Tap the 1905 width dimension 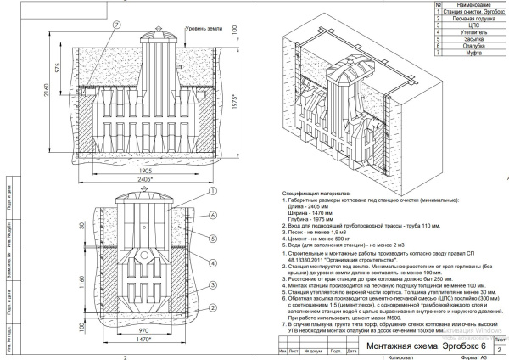coord(146,170)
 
